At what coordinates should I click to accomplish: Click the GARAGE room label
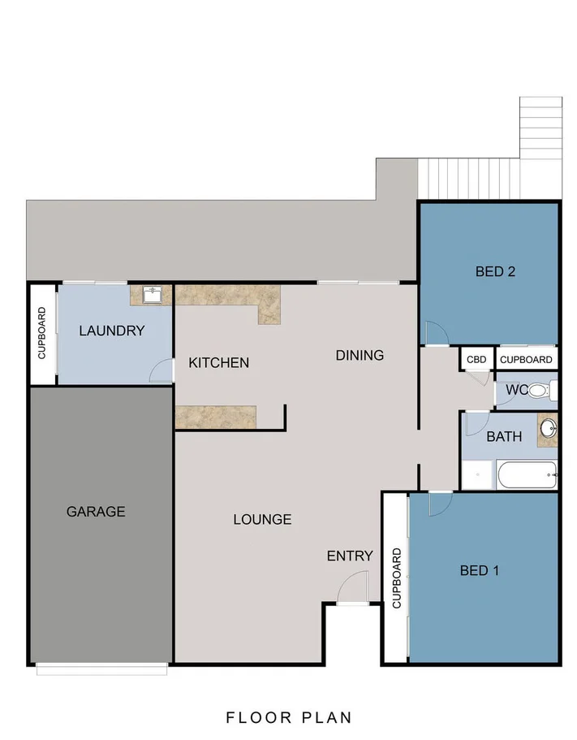[x=96, y=512]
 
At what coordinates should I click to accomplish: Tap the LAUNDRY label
[x=112, y=331]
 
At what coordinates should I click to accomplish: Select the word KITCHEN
[x=219, y=362]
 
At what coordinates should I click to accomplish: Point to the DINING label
[x=360, y=355]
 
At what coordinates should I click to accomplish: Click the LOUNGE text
[x=263, y=519]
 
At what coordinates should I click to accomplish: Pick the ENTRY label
[x=350, y=556]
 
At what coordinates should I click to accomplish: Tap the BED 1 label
[x=480, y=570]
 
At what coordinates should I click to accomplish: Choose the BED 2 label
[x=495, y=271]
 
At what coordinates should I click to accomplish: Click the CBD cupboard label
[x=476, y=360]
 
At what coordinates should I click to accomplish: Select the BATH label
[x=504, y=436]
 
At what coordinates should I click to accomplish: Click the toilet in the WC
[x=542, y=390]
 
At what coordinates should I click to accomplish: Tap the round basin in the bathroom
[x=548, y=429]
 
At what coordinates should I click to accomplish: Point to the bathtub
[x=527, y=474]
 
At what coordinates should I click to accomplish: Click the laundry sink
[x=152, y=295]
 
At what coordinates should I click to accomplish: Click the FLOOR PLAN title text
[x=289, y=717]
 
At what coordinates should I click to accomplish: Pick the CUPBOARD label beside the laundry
[x=42, y=333]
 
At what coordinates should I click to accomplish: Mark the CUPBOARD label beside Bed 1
[x=397, y=578]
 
